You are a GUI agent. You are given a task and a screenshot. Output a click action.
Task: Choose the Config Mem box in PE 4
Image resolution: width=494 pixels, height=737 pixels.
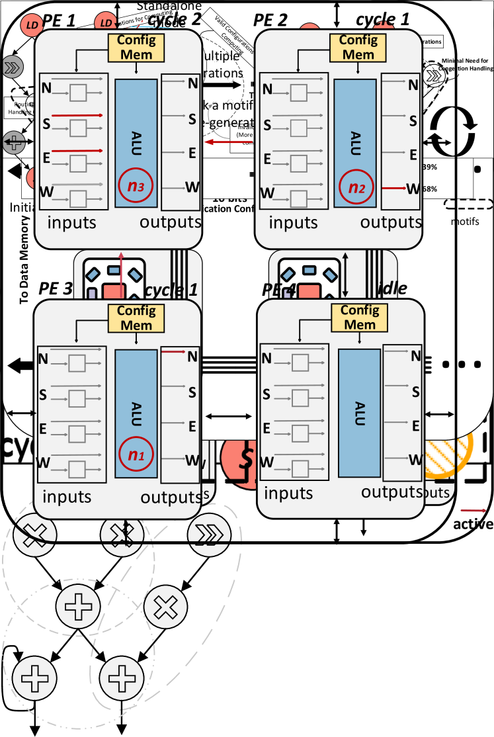360,318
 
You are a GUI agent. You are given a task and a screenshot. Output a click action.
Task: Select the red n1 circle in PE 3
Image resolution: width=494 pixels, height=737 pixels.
136,455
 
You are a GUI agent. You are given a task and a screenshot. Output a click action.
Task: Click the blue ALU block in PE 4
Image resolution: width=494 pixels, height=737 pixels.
359,411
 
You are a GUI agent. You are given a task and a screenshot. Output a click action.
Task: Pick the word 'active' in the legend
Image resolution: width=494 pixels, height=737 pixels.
473,524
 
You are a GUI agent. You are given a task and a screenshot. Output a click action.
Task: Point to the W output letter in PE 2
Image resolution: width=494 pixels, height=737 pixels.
414,188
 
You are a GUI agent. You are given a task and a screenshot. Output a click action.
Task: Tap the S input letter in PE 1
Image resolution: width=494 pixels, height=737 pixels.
46,122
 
